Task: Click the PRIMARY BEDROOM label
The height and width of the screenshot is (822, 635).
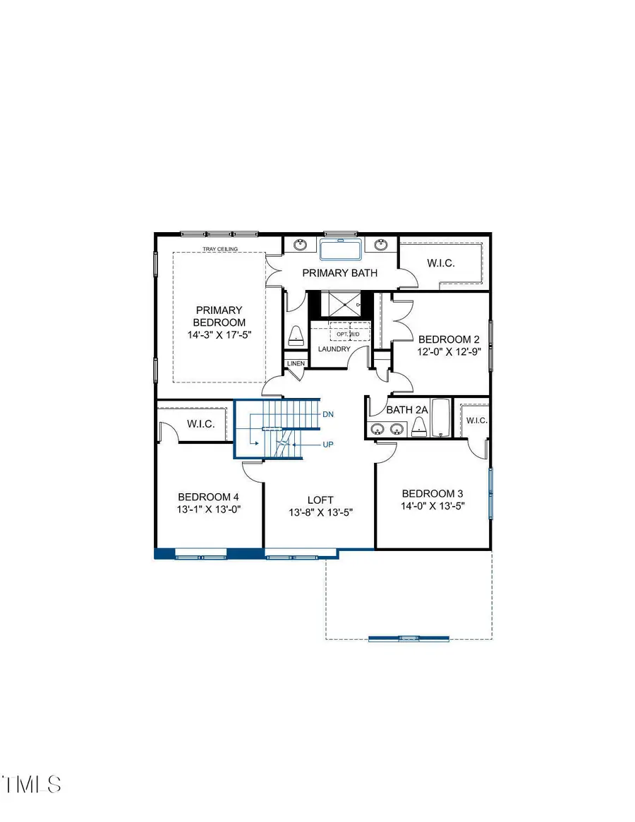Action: click(219, 316)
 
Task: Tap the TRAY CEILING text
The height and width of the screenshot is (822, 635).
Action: click(220, 248)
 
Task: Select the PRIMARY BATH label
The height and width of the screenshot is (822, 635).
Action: click(340, 273)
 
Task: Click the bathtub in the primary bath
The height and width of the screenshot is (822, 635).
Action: click(340, 249)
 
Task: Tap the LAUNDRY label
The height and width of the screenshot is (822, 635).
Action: click(334, 349)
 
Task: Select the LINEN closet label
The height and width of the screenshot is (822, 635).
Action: click(296, 364)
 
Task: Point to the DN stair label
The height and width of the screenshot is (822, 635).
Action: click(327, 414)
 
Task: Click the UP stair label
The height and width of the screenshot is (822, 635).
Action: click(327, 445)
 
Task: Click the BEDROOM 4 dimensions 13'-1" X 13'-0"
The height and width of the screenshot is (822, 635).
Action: click(210, 508)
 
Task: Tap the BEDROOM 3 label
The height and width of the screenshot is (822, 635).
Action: click(433, 493)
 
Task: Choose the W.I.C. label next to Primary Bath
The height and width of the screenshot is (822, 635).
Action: click(441, 263)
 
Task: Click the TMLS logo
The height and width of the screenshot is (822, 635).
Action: click(32, 783)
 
